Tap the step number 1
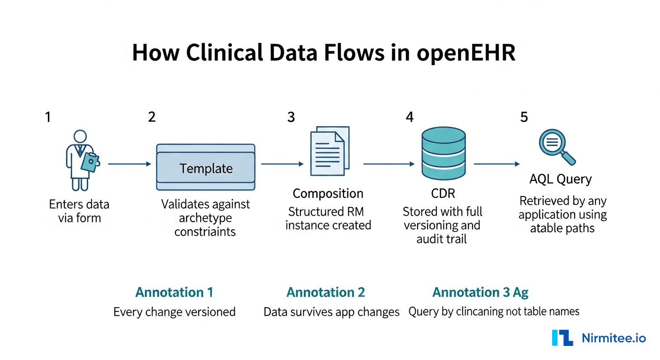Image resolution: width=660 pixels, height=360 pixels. [47, 117]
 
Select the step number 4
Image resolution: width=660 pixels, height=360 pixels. [410, 117]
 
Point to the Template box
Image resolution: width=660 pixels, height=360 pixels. [206, 167]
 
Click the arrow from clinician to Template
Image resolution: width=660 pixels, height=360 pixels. [129, 164]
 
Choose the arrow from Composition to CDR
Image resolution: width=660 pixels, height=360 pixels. [389, 164]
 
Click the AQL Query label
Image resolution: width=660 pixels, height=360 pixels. [561, 179]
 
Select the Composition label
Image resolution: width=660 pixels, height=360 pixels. [328, 194]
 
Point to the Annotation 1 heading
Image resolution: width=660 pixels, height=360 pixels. [174, 292]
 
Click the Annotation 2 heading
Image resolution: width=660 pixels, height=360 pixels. [326, 292]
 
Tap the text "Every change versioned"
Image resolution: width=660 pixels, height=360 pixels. [174, 312]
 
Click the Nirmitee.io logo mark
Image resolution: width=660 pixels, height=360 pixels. [562, 337]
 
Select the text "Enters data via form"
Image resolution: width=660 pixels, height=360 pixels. [79, 211]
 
